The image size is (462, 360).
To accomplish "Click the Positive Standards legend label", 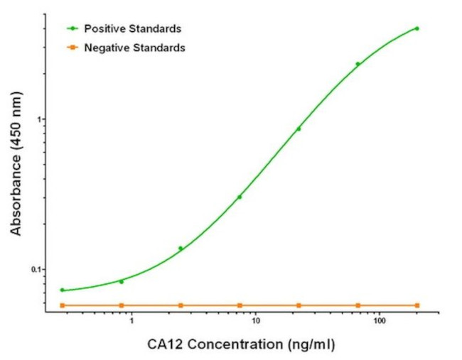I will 132,29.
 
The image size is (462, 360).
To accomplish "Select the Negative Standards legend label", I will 134,48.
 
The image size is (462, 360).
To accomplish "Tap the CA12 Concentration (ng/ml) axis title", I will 241,345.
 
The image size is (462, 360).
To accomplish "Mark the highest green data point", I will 417,28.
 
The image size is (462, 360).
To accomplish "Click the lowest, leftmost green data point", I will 62,290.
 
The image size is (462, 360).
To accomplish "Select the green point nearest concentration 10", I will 240,197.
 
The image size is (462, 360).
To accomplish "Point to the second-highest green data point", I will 358,64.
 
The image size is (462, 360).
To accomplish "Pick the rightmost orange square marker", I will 417,305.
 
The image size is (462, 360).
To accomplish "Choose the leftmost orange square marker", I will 62,305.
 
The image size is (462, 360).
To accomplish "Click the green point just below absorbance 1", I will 299,129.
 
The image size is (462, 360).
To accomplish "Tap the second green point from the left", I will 122,281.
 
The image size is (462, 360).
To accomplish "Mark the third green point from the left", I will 181,248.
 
